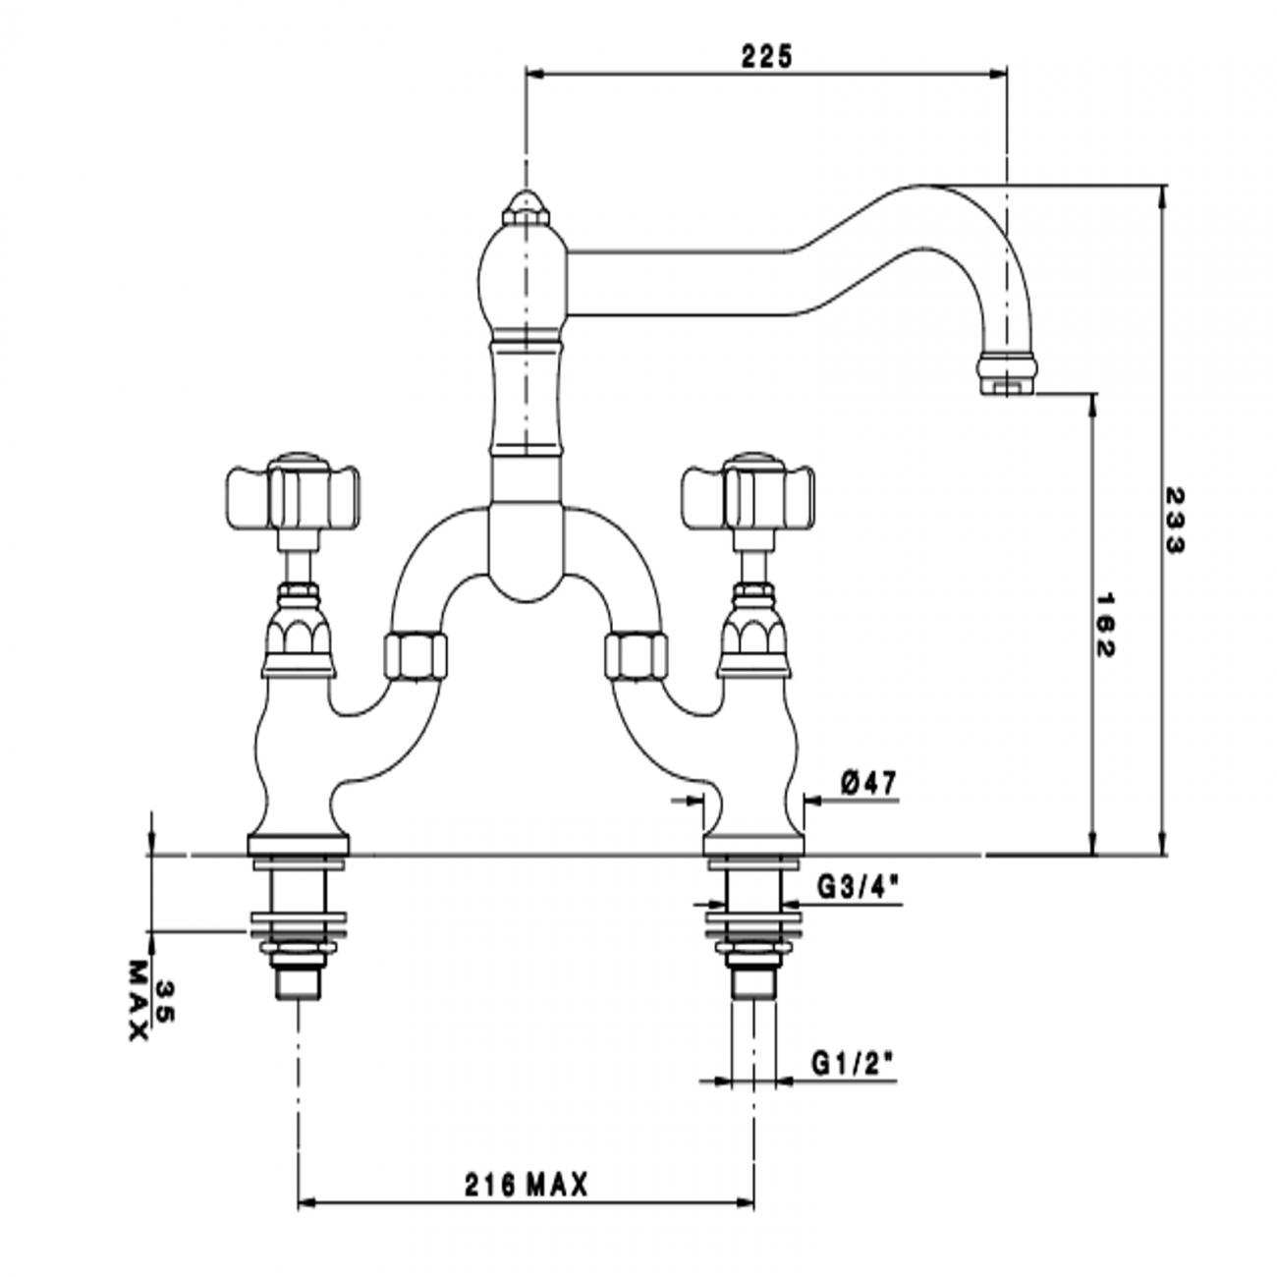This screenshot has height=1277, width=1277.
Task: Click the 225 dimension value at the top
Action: click(x=766, y=56)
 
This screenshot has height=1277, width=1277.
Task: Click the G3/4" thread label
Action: click(x=858, y=887)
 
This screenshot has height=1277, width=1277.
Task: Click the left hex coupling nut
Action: click(x=414, y=655)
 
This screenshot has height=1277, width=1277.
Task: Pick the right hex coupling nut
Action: click(x=637, y=655)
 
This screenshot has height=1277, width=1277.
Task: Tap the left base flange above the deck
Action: click(x=298, y=843)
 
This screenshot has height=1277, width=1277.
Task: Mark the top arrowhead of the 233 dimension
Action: click(x=1163, y=194)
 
